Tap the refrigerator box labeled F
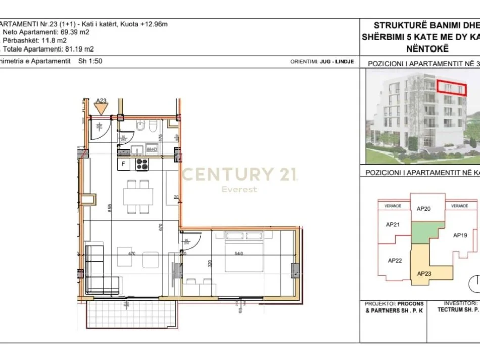(124, 164)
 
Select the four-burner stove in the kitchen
(141, 164)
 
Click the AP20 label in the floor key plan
(423, 208)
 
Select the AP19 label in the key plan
(459, 235)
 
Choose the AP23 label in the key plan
(424, 273)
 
